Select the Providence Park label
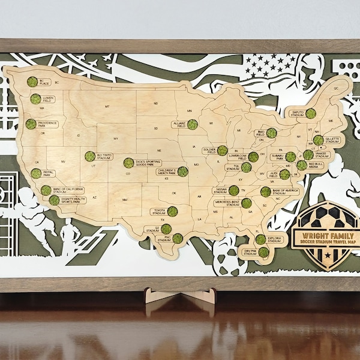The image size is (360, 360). (50, 124)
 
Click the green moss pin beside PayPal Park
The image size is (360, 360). (37, 173)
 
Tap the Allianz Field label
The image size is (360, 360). (178, 124)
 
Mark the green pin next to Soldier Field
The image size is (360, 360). (223, 151)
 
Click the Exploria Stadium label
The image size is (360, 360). (276, 239)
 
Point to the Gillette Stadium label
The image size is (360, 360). (332, 140)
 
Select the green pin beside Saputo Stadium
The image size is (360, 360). (310, 113)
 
